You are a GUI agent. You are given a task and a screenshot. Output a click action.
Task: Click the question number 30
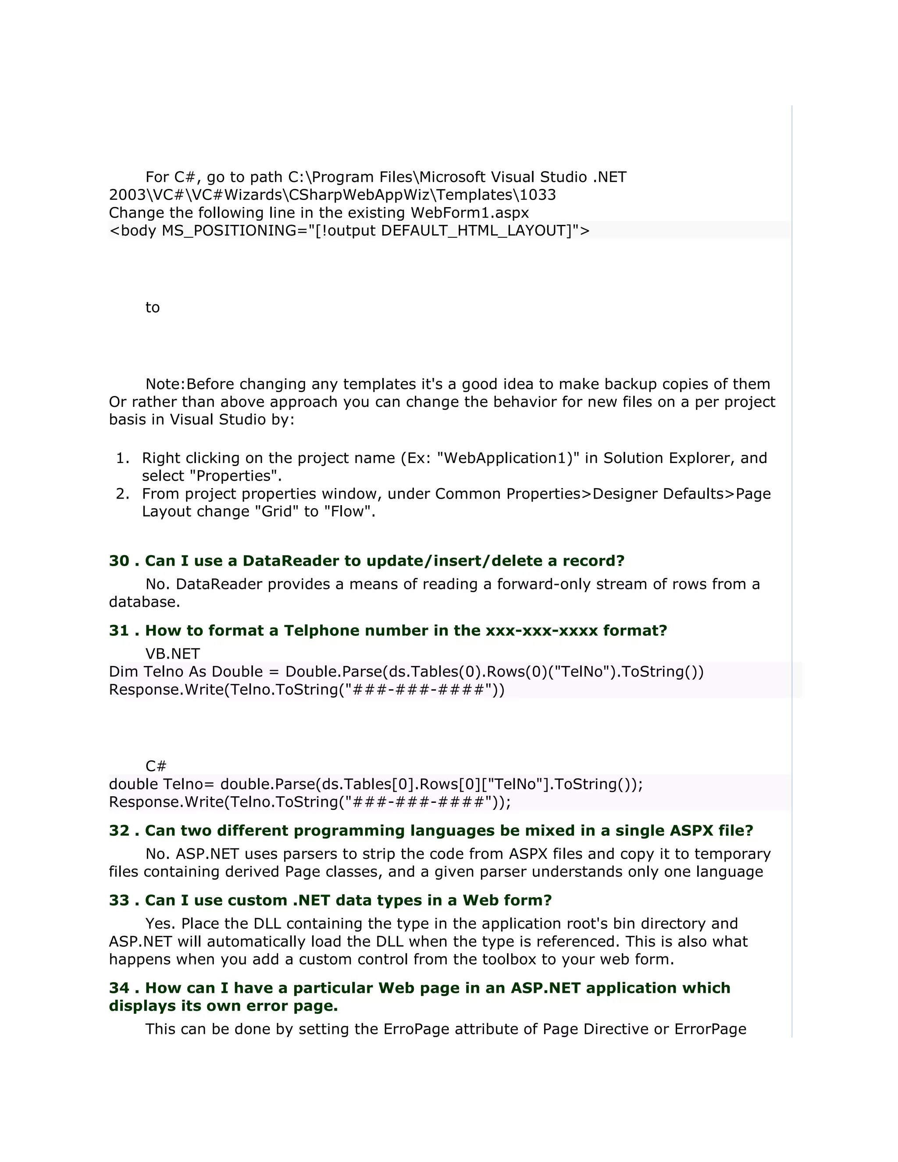tap(119, 561)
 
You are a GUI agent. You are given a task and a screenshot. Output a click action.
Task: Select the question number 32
tap(119, 831)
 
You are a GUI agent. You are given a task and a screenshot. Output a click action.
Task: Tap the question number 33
tap(119, 900)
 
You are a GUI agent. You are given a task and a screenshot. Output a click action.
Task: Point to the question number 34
tap(119, 988)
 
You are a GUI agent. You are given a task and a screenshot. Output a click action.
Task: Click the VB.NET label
tap(172, 654)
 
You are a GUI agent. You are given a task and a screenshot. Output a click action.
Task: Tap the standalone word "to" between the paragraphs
tap(152, 307)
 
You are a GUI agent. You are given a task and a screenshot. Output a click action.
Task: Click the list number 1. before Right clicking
tap(122, 458)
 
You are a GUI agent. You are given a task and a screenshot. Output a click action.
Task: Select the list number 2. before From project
tap(122, 494)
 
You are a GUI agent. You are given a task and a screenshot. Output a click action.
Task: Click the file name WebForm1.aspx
tap(469, 213)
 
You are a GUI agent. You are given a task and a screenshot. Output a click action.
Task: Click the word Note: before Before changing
tap(165, 384)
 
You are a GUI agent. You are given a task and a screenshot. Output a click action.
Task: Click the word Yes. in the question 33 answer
tap(160, 923)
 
